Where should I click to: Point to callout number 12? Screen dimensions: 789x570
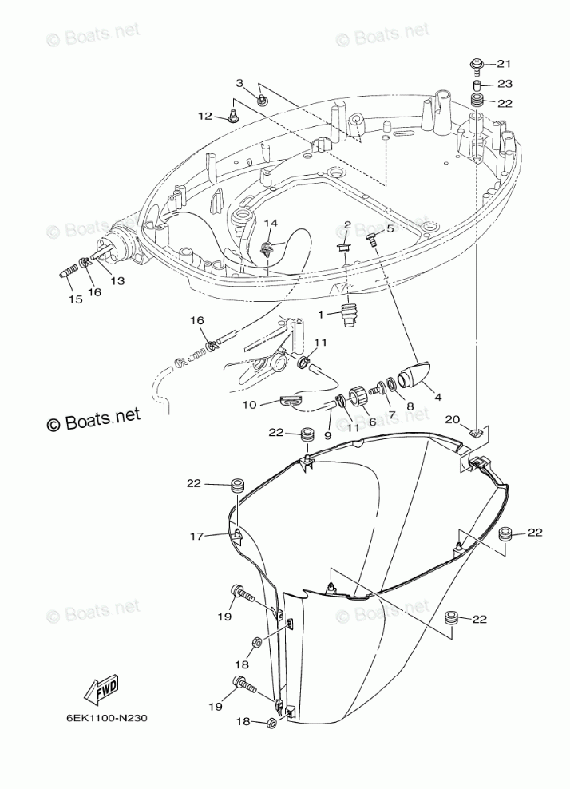[x=205, y=117]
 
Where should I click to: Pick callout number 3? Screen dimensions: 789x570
[x=239, y=83]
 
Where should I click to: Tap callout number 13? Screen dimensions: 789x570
[x=117, y=280]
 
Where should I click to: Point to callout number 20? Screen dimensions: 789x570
[x=453, y=419]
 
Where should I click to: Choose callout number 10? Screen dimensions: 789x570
[x=249, y=405]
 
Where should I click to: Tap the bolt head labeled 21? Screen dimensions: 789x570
[x=477, y=63]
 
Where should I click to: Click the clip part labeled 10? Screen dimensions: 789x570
[x=292, y=399]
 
